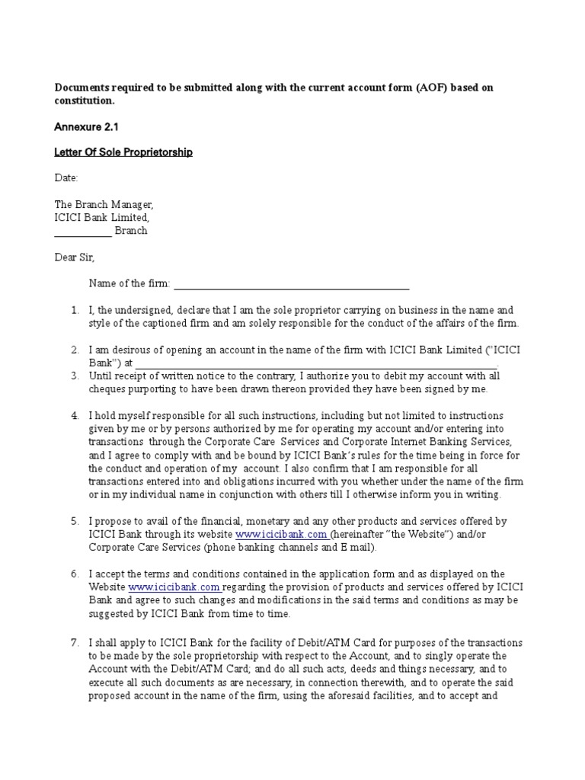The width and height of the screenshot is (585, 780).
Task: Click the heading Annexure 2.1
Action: (86, 126)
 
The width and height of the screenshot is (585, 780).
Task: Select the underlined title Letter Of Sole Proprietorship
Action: (123, 152)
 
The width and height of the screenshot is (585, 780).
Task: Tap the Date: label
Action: (66, 178)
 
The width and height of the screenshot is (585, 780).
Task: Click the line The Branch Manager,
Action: (104, 205)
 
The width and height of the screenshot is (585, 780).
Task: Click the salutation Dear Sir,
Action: (75, 257)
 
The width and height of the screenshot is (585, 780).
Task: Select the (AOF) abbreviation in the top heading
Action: (437, 88)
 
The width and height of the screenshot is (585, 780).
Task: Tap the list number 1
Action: (75, 311)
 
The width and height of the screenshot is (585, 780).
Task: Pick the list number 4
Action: (75, 416)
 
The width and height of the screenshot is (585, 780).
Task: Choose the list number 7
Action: (75, 643)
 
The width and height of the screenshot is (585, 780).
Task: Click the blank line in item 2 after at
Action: (316, 364)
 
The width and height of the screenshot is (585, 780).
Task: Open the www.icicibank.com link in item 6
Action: (174, 587)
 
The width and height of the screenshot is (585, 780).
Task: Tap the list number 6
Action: (75, 574)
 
